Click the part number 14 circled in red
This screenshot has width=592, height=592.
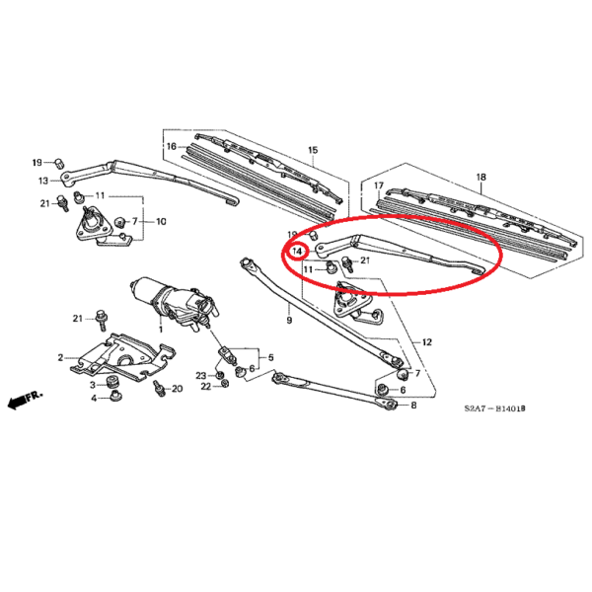click(x=298, y=251)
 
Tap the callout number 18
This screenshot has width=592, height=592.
click(x=481, y=177)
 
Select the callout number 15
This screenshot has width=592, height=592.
click(x=313, y=150)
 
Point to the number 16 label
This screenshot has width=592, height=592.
click(x=172, y=146)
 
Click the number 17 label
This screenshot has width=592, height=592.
click(x=379, y=185)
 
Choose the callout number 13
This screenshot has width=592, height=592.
click(x=43, y=181)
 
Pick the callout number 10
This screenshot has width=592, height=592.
click(x=161, y=222)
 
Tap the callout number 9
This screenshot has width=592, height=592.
click(x=289, y=320)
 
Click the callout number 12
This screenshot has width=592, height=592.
click(x=426, y=342)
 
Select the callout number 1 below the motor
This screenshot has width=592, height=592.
click(x=161, y=330)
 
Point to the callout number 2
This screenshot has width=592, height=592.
click(x=60, y=357)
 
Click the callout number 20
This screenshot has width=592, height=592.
click(x=177, y=389)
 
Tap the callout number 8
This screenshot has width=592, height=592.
click(x=413, y=406)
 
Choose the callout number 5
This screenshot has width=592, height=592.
click(x=270, y=357)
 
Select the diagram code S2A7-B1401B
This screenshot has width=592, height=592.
click(x=494, y=408)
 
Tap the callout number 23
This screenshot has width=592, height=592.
click(x=201, y=375)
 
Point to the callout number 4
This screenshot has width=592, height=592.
click(x=94, y=399)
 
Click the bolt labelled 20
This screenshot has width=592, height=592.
click(x=159, y=388)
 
